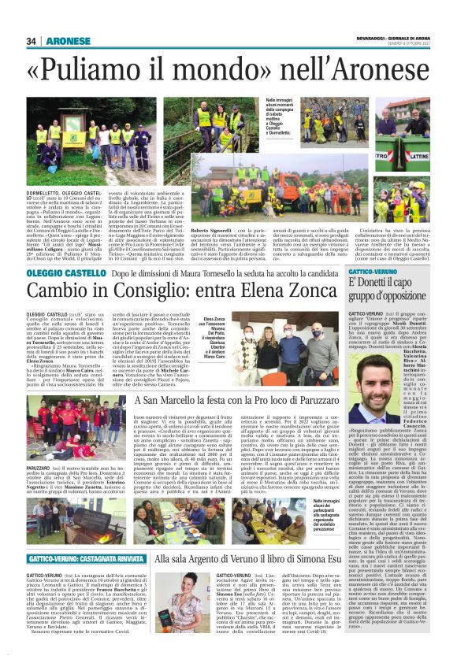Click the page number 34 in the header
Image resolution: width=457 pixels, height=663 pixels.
click(x=32, y=41)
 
